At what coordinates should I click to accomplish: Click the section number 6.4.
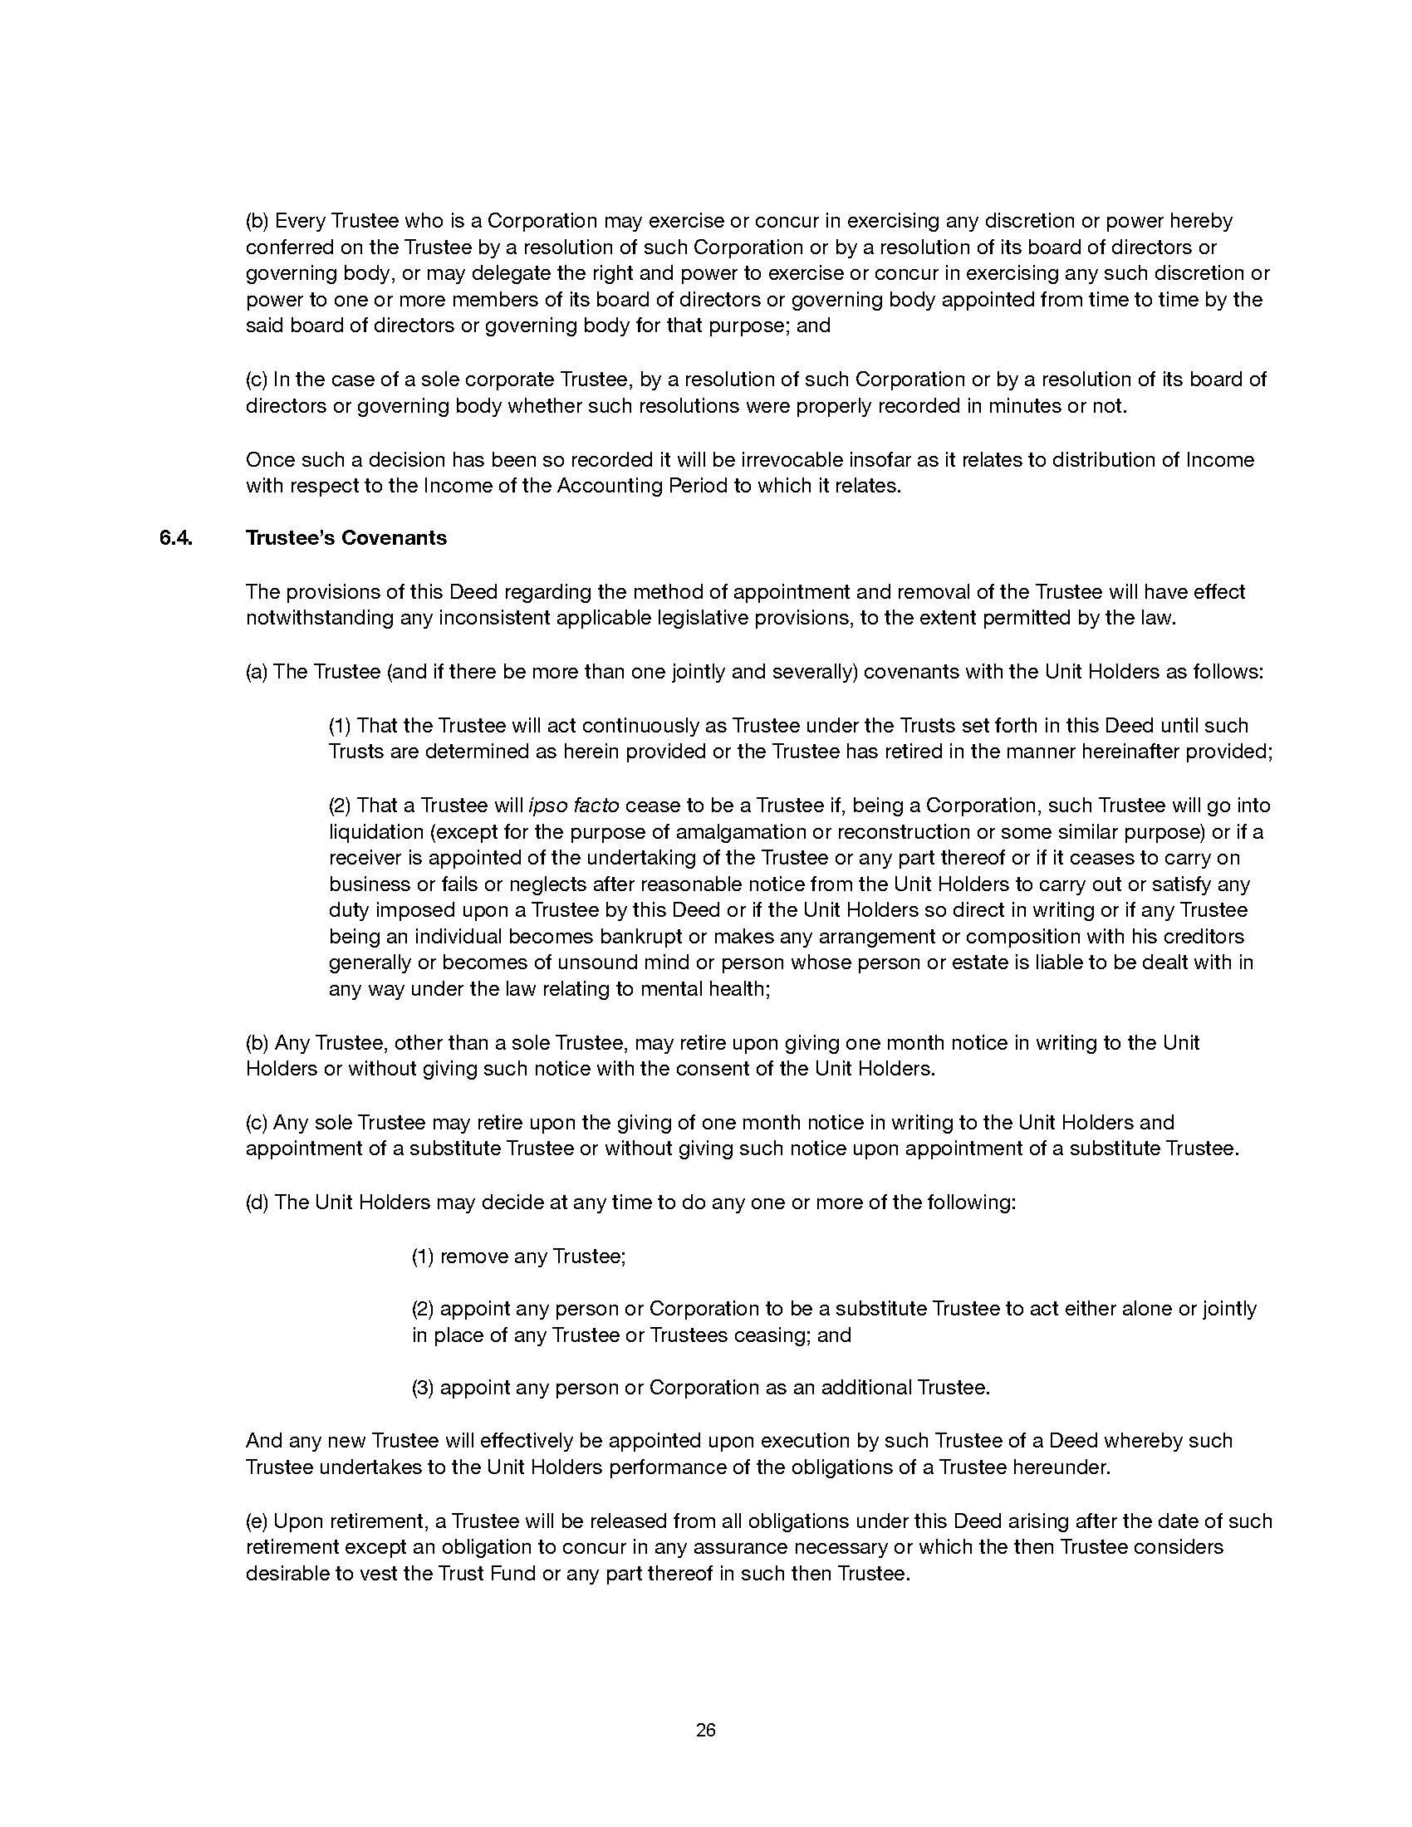tap(175, 538)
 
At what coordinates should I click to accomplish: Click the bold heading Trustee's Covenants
tap(346, 538)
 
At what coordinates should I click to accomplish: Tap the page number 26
tap(705, 1730)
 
